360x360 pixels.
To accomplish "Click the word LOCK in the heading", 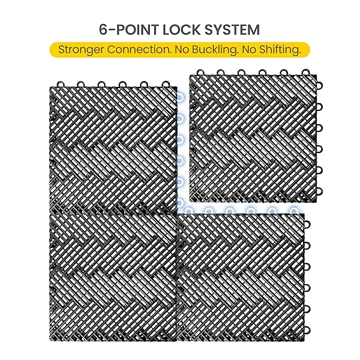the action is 181,29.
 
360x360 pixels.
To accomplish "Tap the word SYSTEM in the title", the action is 232,29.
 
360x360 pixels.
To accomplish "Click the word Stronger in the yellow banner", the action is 81,50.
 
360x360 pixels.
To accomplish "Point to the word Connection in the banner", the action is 139,49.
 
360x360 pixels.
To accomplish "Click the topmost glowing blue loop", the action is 180,97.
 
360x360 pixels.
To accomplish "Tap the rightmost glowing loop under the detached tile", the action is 293,211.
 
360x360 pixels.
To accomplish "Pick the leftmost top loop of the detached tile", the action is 200,73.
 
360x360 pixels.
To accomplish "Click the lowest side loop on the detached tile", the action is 319,191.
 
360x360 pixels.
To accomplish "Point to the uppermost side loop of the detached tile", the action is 319,85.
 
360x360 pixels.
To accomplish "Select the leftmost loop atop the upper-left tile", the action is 60,84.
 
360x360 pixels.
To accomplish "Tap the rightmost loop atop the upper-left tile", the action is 166,84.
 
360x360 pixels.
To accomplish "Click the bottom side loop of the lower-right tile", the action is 307,330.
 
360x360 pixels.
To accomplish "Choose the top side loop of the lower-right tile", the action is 307,224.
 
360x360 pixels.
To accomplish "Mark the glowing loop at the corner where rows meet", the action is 180,203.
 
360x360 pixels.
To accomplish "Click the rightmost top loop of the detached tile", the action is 305,73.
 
